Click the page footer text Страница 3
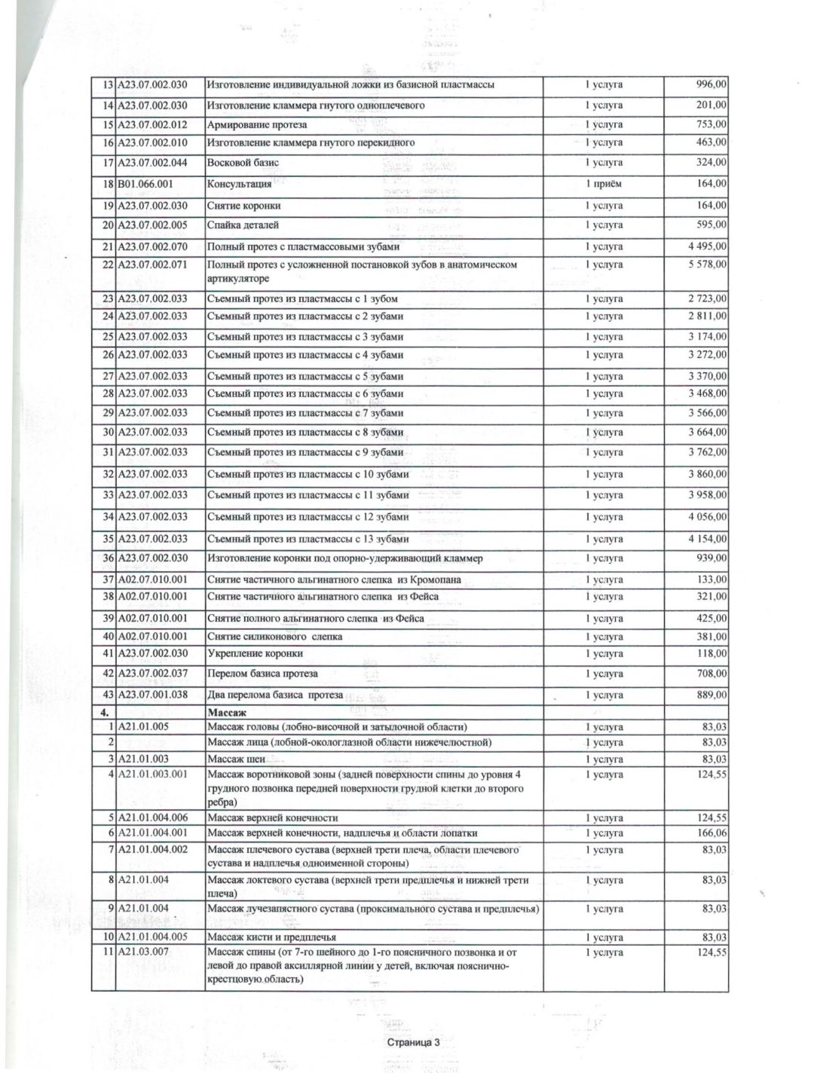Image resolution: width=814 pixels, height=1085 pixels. pos(412,1043)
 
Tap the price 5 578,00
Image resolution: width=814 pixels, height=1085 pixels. pos(708,264)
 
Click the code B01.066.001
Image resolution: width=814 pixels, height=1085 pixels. pos(151,183)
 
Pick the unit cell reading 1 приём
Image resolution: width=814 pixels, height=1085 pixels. pos(604,184)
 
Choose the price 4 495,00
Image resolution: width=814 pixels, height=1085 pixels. pos(708,246)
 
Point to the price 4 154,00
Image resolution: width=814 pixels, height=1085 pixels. pos(708,539)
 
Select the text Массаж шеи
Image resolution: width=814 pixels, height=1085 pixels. pos(236,759)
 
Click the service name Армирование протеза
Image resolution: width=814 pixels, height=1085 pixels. pos(257,124)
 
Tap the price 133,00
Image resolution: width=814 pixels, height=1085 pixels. pos(712,579)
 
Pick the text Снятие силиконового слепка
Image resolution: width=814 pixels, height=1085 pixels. pos(274,637)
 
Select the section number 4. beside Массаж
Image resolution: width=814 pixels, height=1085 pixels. pos(104,711)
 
